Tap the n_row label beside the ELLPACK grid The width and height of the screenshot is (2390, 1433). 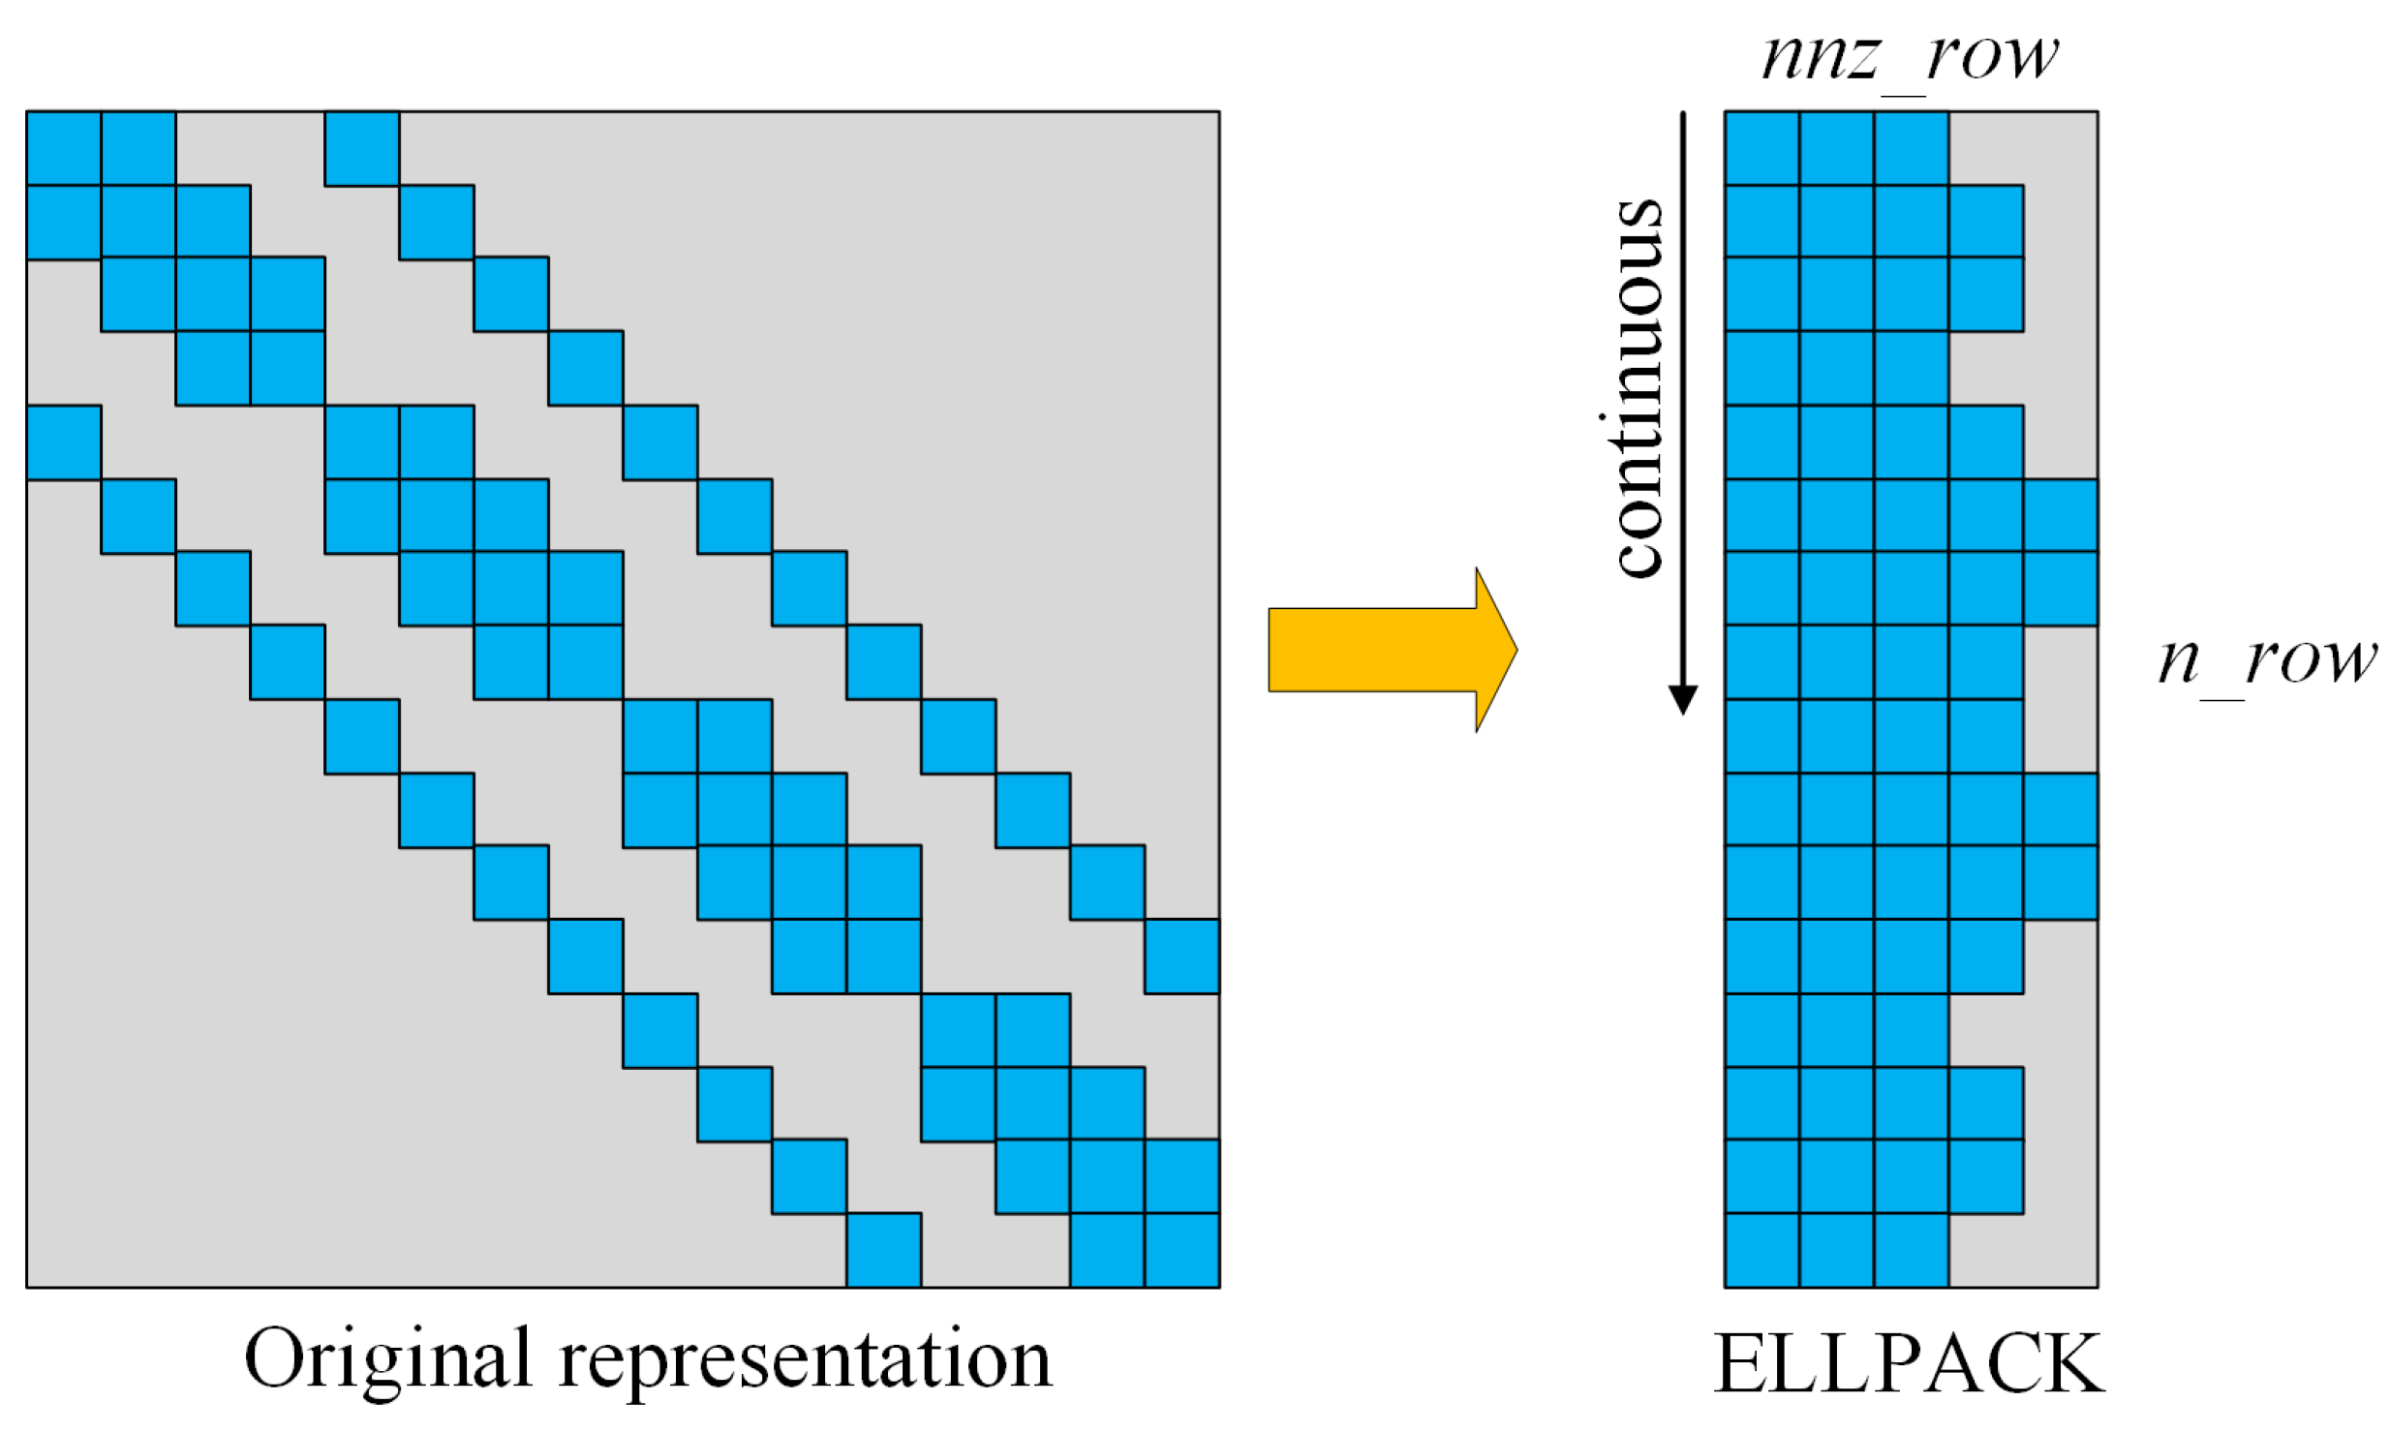[x=2266, y=661]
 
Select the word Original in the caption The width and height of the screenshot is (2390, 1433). [x=387, y=1359]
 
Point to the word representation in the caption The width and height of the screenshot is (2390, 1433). [x=805, y=1359]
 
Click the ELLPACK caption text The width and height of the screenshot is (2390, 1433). [x=1909, y=1363]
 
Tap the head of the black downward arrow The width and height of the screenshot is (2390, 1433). [x=1683, y=698]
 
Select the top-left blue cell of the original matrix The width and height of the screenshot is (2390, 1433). [x=64, y=148]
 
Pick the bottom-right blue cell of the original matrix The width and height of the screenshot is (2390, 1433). [x=1181, y=1250]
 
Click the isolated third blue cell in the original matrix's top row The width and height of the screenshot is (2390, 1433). [x=362, y=148]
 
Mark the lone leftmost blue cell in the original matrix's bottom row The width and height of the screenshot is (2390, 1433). [x=883, y=1250]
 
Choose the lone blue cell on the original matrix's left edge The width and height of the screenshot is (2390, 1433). [x=64, y=442]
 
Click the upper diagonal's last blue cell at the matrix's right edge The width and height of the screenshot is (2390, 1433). [x=1181, y=957]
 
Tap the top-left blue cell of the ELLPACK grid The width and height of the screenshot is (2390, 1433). [x=1762, y=148]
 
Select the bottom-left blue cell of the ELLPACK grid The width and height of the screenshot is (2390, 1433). [x=1762, y=1250]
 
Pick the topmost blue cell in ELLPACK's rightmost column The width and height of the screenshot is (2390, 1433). [x=2061, y=516]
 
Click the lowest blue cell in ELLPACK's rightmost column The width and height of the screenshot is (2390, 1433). [x=2061, y=883]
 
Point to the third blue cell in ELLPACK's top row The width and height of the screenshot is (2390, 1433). [x=1912, y=148]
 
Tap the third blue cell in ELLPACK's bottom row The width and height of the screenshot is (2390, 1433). [x=1912, y=1250]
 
